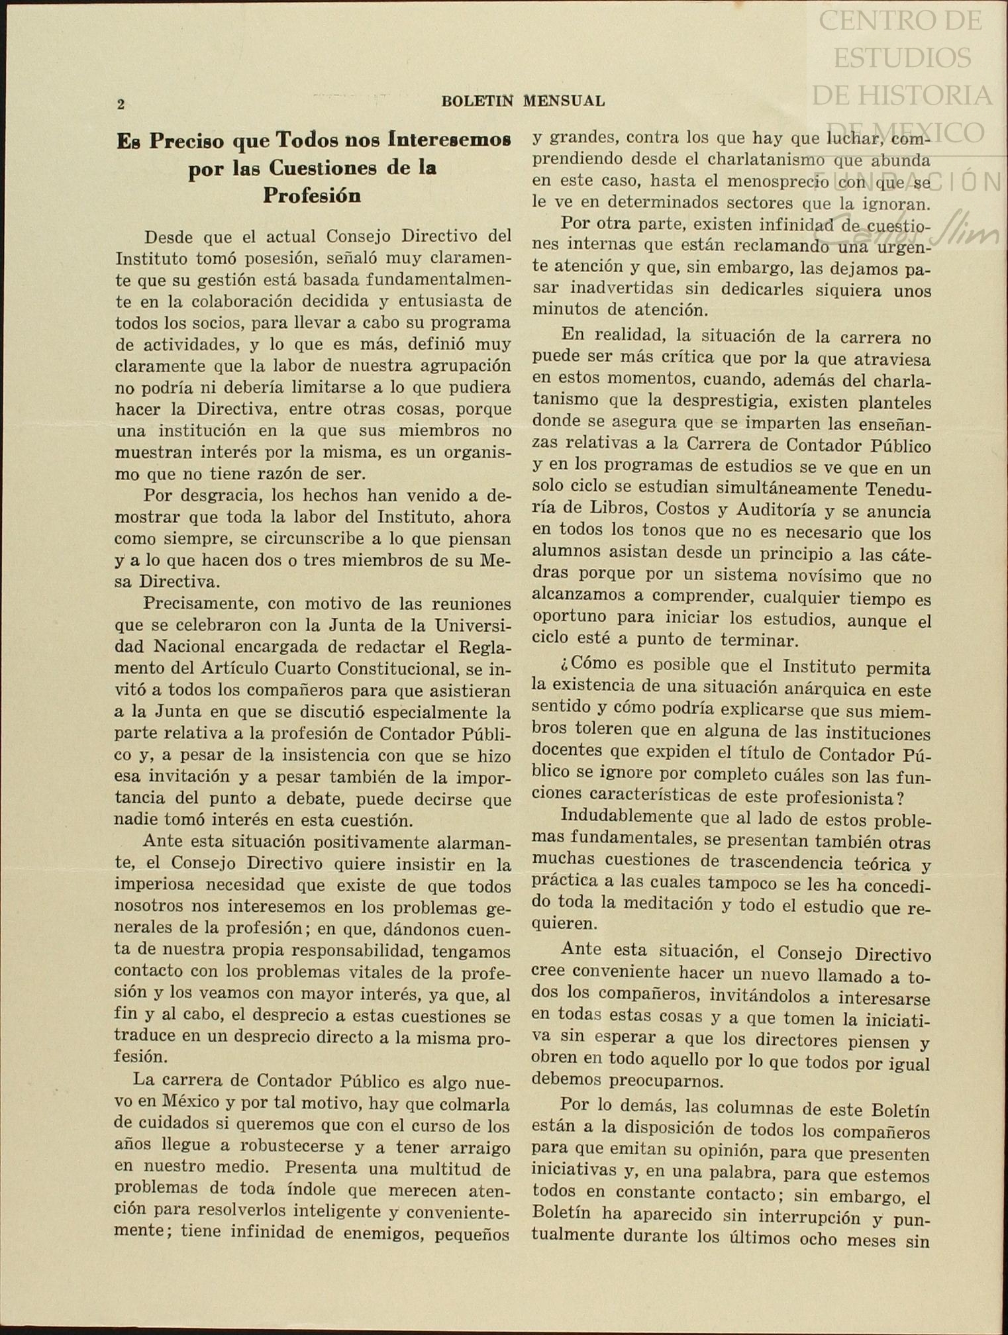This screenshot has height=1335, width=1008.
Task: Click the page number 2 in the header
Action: pyautogui.click(x=121, y=104)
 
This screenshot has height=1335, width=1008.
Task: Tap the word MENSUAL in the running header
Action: pyautogui.click(x=564, y=101)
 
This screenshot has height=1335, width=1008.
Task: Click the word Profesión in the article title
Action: pyautogui.click(x=311, y=195)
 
